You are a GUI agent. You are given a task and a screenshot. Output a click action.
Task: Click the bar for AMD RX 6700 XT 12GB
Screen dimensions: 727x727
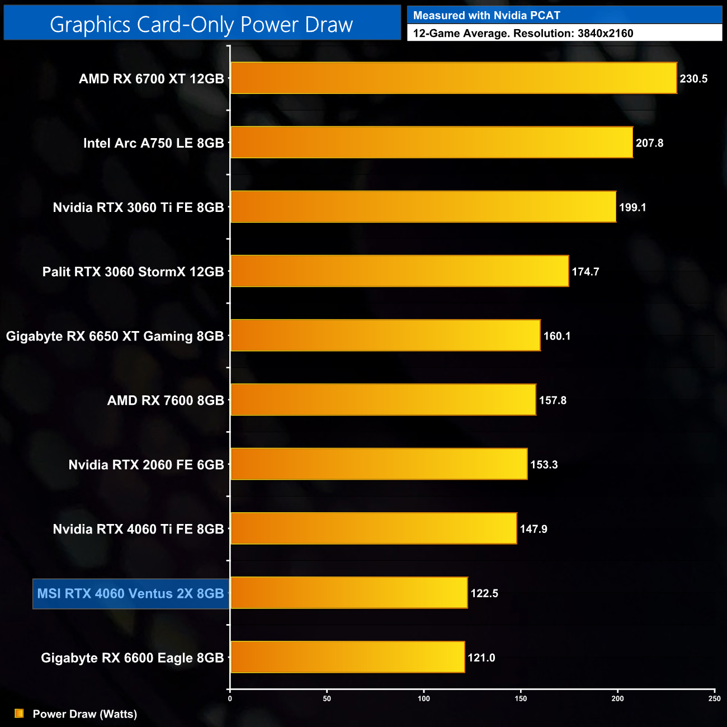click(454, 78)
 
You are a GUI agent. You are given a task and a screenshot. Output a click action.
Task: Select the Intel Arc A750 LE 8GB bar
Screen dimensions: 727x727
click(432, 143)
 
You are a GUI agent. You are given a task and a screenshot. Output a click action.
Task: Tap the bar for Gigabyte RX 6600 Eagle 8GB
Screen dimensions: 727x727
click(347, 657)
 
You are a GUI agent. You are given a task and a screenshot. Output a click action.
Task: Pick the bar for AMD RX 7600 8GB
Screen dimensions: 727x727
click(383, 400)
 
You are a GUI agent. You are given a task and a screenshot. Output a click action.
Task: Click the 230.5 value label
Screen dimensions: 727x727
click(693, 79)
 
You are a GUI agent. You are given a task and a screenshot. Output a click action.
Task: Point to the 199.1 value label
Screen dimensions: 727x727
click(632, 207)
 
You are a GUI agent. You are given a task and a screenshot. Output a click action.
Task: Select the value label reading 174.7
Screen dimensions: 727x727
click(585, 272)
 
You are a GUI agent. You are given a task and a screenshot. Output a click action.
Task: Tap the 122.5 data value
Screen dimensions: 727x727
click(484, 593)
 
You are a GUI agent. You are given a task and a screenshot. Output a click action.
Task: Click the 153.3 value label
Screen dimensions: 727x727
click(544, 465)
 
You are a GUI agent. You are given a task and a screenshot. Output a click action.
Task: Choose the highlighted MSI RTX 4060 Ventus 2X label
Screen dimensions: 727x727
click(131, 593)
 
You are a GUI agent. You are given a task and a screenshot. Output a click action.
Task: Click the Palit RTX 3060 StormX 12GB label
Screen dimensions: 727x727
click(133, 272)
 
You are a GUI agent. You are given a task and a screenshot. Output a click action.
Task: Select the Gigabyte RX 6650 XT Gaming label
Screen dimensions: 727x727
click(115, 336)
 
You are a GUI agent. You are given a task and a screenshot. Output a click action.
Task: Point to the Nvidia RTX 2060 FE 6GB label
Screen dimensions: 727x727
click(146, 465)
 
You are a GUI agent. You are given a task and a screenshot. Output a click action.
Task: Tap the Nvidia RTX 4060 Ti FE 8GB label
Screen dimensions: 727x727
click(138, 529)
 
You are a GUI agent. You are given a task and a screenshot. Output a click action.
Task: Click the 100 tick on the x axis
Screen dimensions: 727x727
click(424, 698)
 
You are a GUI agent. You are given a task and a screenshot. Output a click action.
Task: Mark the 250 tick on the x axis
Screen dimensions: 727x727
click(714, 698)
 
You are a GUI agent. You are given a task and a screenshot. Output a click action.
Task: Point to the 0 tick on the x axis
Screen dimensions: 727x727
click(230, 698)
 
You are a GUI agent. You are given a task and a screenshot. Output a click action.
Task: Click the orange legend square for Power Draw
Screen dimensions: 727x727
click(19, 714)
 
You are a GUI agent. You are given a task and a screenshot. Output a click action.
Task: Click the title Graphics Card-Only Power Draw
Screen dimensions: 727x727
click(201, 25)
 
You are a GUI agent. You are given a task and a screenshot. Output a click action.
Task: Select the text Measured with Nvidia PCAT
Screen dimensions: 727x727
click(487, 16)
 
